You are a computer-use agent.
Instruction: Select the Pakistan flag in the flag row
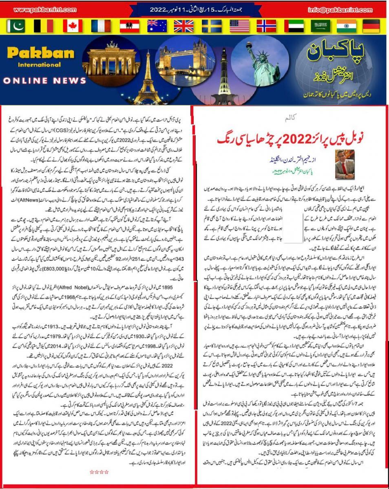pos(16,26)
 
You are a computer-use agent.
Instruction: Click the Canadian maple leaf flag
pos(73,26)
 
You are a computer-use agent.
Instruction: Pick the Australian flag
pos(157,26)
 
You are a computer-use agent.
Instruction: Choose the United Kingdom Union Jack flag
pos(184,26)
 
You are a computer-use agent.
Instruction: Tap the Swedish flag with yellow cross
pos(212,26)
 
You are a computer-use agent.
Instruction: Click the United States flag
pos(239,26)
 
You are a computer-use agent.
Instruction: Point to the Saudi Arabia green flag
pos(320,26)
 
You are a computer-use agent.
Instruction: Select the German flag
pos(371,26)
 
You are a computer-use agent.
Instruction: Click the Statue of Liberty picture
pos(263,61)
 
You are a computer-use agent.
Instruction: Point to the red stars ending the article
pos(99,472)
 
